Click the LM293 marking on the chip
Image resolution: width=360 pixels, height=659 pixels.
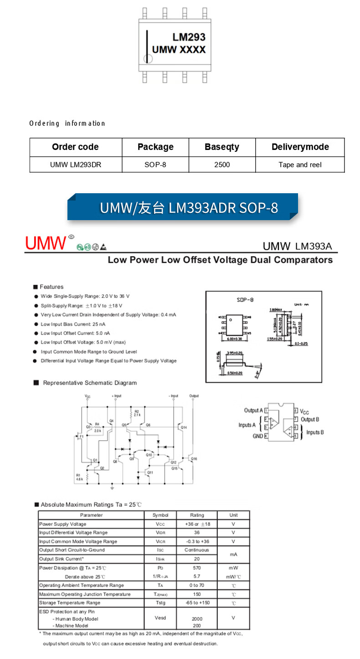point(189,37)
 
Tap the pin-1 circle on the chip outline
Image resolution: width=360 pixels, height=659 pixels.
point(147,58)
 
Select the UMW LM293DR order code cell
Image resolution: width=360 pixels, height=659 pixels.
point(76,165)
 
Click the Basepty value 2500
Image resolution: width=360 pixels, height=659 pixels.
point(222,165)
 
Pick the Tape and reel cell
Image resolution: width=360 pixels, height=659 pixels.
point(300,165)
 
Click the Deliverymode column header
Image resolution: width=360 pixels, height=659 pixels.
point(300,147)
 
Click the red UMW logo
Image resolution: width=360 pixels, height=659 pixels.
point(46,243)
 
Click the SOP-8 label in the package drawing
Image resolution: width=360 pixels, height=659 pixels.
point(245,300)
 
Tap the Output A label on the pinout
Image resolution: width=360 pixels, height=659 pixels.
point(253,410)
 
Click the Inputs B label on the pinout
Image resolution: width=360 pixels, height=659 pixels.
point(315,432)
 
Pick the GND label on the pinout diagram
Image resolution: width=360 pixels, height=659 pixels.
point(258,436)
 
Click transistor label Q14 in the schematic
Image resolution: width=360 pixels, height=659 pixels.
point(184,427)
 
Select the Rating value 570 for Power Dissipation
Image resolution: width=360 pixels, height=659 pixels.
point(197,568)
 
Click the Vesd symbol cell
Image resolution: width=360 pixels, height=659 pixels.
point(160,618)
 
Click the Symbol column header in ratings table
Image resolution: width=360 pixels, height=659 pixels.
point(160,515)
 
